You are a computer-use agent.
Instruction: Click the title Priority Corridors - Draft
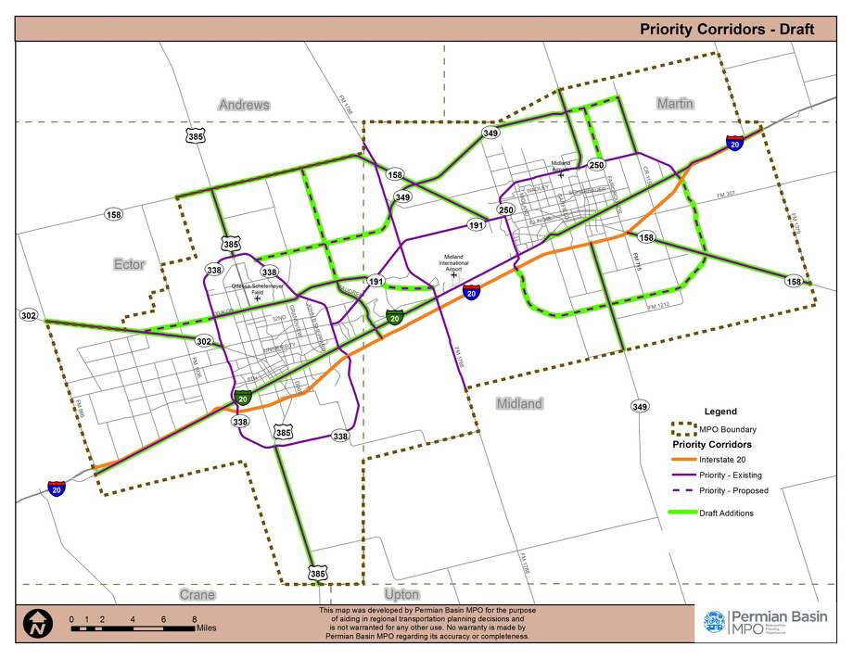[x=726, y=29]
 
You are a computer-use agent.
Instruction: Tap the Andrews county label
[x=244, y=105]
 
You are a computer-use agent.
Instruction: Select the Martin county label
[x=675, y=103]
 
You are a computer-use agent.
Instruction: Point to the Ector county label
[x=129, y=264]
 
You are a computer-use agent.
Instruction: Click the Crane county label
[x=197, y=594]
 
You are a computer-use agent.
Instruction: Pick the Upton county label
[x=401, y=594]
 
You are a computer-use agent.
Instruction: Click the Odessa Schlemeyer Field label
[x=257, y=288]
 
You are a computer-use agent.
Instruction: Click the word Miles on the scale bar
[x=210, y=627]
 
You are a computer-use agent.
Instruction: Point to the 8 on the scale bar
[x=194, y=619]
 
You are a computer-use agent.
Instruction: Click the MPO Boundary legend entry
[x=727, y=429]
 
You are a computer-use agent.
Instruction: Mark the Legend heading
[x=720, y=412]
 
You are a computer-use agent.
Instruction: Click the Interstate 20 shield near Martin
[x=734, y=144]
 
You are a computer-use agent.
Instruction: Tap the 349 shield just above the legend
[x=639, y=406]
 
